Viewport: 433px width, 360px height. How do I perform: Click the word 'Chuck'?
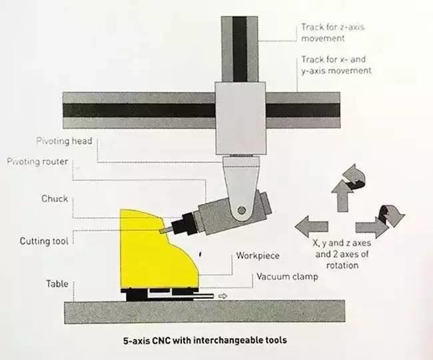click(55, 199)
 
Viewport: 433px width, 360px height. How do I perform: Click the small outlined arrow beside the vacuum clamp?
click(222, 295)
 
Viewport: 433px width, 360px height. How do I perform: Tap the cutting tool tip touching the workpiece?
click(163, 228)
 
